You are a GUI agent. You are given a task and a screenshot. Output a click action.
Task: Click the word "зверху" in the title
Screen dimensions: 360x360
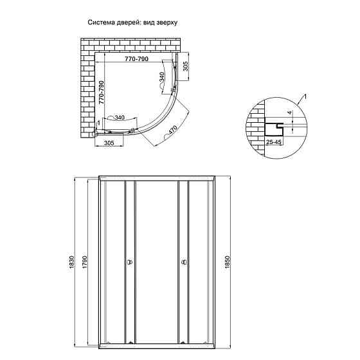(165, 22)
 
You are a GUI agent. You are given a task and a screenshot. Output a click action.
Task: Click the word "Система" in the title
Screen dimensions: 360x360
(101, 22)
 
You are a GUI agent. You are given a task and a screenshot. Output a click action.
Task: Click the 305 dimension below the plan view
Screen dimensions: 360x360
(108, 145)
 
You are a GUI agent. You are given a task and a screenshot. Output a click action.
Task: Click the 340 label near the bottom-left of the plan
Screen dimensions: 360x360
(118, 118)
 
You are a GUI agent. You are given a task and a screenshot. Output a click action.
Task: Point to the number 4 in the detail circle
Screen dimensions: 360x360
(290, 114)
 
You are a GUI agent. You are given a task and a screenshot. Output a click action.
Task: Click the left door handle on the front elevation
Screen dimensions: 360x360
(129, 262)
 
